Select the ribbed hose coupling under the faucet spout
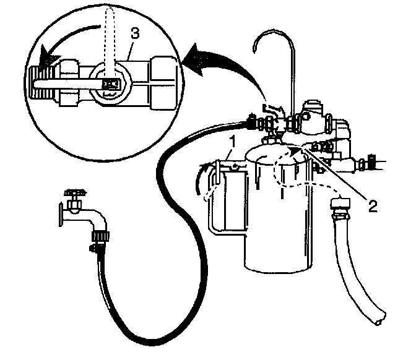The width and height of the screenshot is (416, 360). [98, 236]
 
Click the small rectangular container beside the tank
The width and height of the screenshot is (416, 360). [226, 198]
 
